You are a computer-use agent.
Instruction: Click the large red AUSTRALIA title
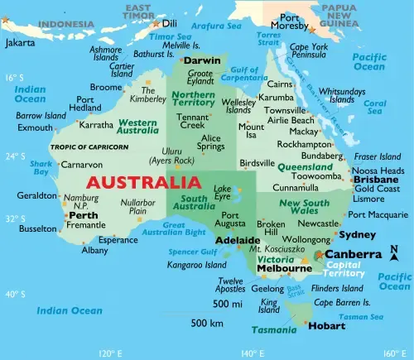pos(142,182)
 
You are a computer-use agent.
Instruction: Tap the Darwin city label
pos(201,61)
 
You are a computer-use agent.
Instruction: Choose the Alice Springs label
pos(212,142)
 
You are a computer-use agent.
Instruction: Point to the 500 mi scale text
pos(226,305)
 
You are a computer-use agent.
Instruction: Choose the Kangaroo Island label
pos(196,265)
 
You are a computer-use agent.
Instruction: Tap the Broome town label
pos(106,87)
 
